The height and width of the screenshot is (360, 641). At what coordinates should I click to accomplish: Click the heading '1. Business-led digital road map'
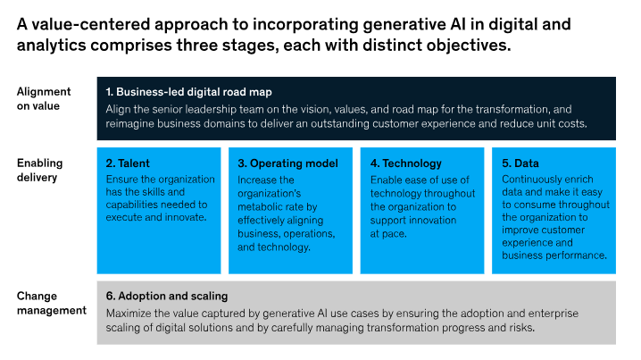coord(189,92)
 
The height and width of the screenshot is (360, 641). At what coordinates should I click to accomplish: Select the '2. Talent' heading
coord(128,163)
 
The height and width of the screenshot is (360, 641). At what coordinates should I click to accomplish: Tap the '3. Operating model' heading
coord(287,163)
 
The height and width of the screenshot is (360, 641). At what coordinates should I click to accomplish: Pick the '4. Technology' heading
coord(406,163)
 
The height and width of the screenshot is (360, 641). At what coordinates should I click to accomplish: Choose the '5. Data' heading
coord(520,163)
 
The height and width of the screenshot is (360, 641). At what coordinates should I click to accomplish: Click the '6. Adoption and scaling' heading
coord(167,296)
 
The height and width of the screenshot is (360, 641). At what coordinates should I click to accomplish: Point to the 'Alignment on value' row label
coord(44,98)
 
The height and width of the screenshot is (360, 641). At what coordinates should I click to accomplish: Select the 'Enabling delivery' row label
coord(39,171)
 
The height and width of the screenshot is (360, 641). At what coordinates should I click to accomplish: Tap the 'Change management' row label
coord(52,303)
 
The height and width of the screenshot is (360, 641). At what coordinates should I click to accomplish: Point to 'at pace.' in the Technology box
coord(388,234)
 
